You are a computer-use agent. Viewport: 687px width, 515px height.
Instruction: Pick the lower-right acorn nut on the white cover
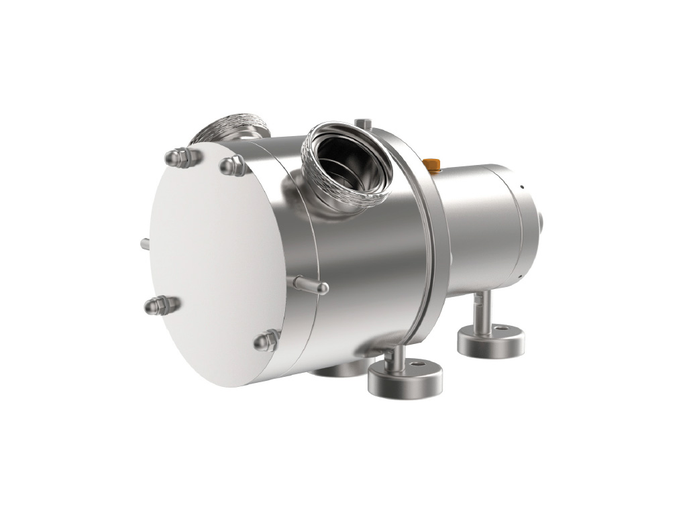click(266, 341)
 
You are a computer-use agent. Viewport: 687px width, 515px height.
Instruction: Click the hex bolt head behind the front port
click(362, 123)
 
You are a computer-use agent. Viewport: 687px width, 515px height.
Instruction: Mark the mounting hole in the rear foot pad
click(503, 329)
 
